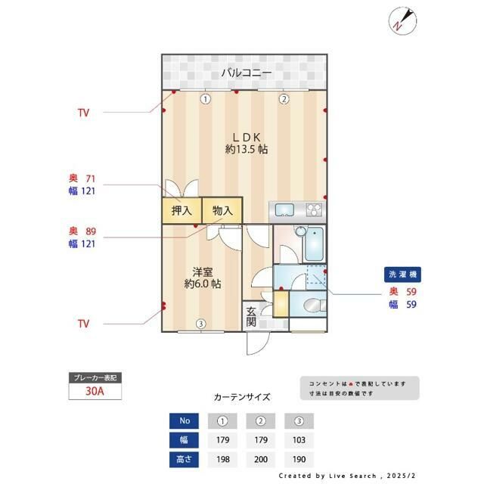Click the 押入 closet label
tap(181, 211)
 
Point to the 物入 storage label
tap(222, 211)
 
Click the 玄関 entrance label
tap(251, 315)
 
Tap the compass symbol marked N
tap(402, 20)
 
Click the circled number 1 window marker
tap(205, 98)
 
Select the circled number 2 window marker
tap(284, 98)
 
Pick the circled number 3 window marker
tap(200, 324)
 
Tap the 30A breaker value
tap(95, 392)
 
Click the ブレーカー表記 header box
tap(95, 377)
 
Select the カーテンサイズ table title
tap(242, 396)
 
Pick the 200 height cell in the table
tap(262, 459)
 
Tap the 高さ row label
tap(183, 459)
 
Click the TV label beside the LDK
tap(83, 113)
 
